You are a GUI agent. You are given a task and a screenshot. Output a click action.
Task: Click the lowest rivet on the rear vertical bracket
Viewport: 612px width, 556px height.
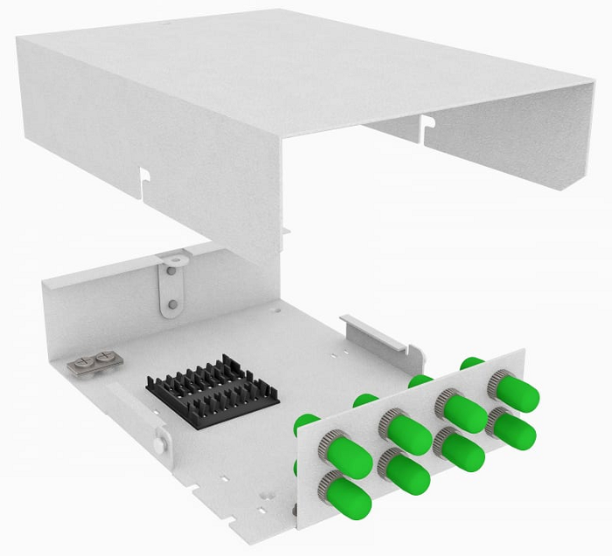click(x=173, y=305)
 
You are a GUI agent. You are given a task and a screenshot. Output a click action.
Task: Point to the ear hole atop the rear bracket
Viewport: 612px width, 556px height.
click(x=175, y=258)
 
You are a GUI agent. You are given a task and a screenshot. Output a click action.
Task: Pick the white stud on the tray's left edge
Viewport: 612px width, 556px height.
click(x=158, y=443)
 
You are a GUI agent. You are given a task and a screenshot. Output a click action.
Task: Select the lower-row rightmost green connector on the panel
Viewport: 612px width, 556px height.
click(x=513, y=427)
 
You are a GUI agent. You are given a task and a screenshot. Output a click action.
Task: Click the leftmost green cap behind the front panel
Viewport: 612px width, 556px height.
click(x=306, y=422)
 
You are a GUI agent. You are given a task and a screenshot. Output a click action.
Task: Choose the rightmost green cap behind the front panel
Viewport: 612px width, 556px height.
click(x=472, y=361)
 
